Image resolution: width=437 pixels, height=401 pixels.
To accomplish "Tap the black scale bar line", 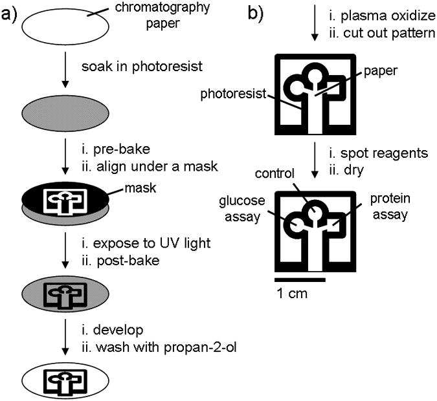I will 298,279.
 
